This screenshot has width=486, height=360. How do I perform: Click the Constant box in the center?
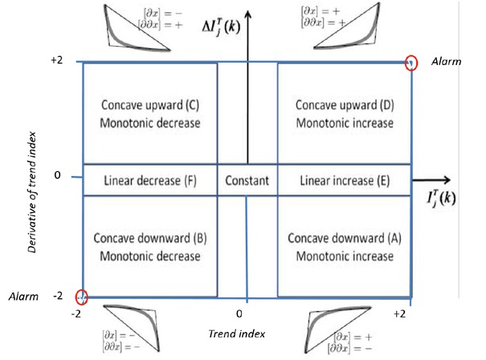tap(247, 180)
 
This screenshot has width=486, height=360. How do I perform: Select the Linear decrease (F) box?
tap(150, 180)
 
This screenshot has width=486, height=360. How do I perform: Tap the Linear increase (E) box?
tap(344, 180)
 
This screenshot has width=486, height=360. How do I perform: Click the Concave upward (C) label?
tap(151, 105)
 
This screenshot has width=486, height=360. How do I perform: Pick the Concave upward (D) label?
tap(344, 105)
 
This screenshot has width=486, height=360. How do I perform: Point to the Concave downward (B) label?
tap(151, 239)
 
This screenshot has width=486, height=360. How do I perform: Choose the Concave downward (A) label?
tap(344, 239)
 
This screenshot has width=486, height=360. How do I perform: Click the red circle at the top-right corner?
tap(411, 62)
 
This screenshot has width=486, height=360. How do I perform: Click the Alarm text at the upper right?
tap(447, 62)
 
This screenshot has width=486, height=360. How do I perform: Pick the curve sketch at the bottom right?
tap(338, 327)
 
